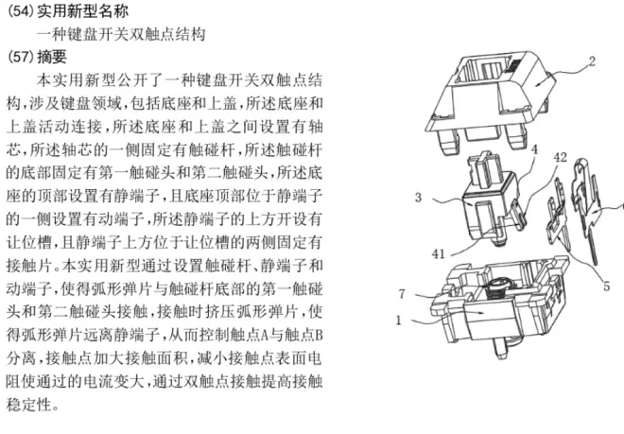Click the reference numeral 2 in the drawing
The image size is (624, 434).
(591, 63)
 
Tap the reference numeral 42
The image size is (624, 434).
(560, 156)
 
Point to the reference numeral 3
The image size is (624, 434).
(417, 199)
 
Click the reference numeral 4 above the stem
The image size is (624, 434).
(533, 149)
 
